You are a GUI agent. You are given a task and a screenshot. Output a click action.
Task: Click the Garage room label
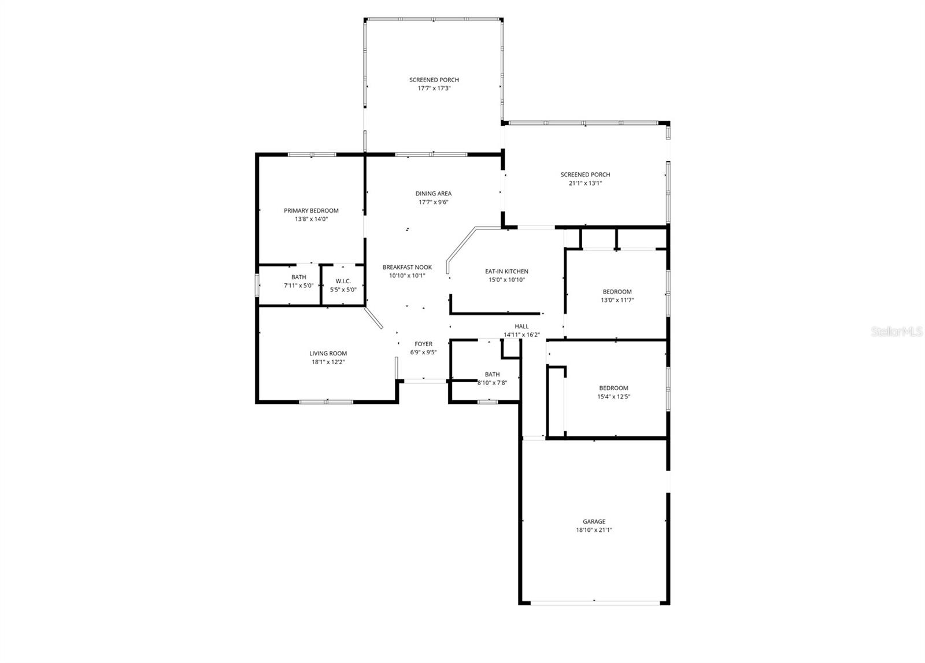coord(594,521)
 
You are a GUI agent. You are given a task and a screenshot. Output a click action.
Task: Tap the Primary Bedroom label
coord(311,211)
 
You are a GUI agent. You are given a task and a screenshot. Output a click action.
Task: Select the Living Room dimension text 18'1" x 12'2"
coord(328,362)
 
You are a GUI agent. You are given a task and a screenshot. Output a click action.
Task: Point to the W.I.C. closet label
coord(343,281)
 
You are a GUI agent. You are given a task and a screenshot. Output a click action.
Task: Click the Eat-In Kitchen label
coord(506,271)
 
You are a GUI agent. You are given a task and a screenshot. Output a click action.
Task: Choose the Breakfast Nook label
coord(407,267)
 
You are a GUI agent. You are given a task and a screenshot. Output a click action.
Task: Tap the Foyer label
coord(423,344)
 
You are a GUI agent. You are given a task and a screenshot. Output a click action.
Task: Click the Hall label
coord(521,327)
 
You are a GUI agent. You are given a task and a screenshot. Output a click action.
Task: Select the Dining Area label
coord(434,194)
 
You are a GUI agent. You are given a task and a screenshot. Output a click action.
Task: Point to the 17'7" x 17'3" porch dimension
coord(434,88)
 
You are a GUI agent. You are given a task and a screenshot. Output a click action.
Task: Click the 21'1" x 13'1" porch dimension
coord(585,183)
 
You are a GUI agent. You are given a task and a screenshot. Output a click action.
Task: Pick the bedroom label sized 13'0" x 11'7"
coord(617,292)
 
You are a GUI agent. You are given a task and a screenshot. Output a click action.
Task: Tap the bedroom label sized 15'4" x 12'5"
coord(613,388)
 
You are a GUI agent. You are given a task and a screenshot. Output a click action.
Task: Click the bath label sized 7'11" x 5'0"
coord(299,277)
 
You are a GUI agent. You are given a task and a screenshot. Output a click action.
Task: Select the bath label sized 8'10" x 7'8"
coord(493,375)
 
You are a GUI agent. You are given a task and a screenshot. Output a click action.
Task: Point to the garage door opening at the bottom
coord(594,603)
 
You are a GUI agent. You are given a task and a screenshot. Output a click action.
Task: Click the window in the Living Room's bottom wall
coord(327,401)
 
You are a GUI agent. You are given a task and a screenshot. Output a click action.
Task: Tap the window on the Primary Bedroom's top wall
coord(312,154)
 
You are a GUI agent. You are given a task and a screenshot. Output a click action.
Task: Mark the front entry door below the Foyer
coord(424,381)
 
